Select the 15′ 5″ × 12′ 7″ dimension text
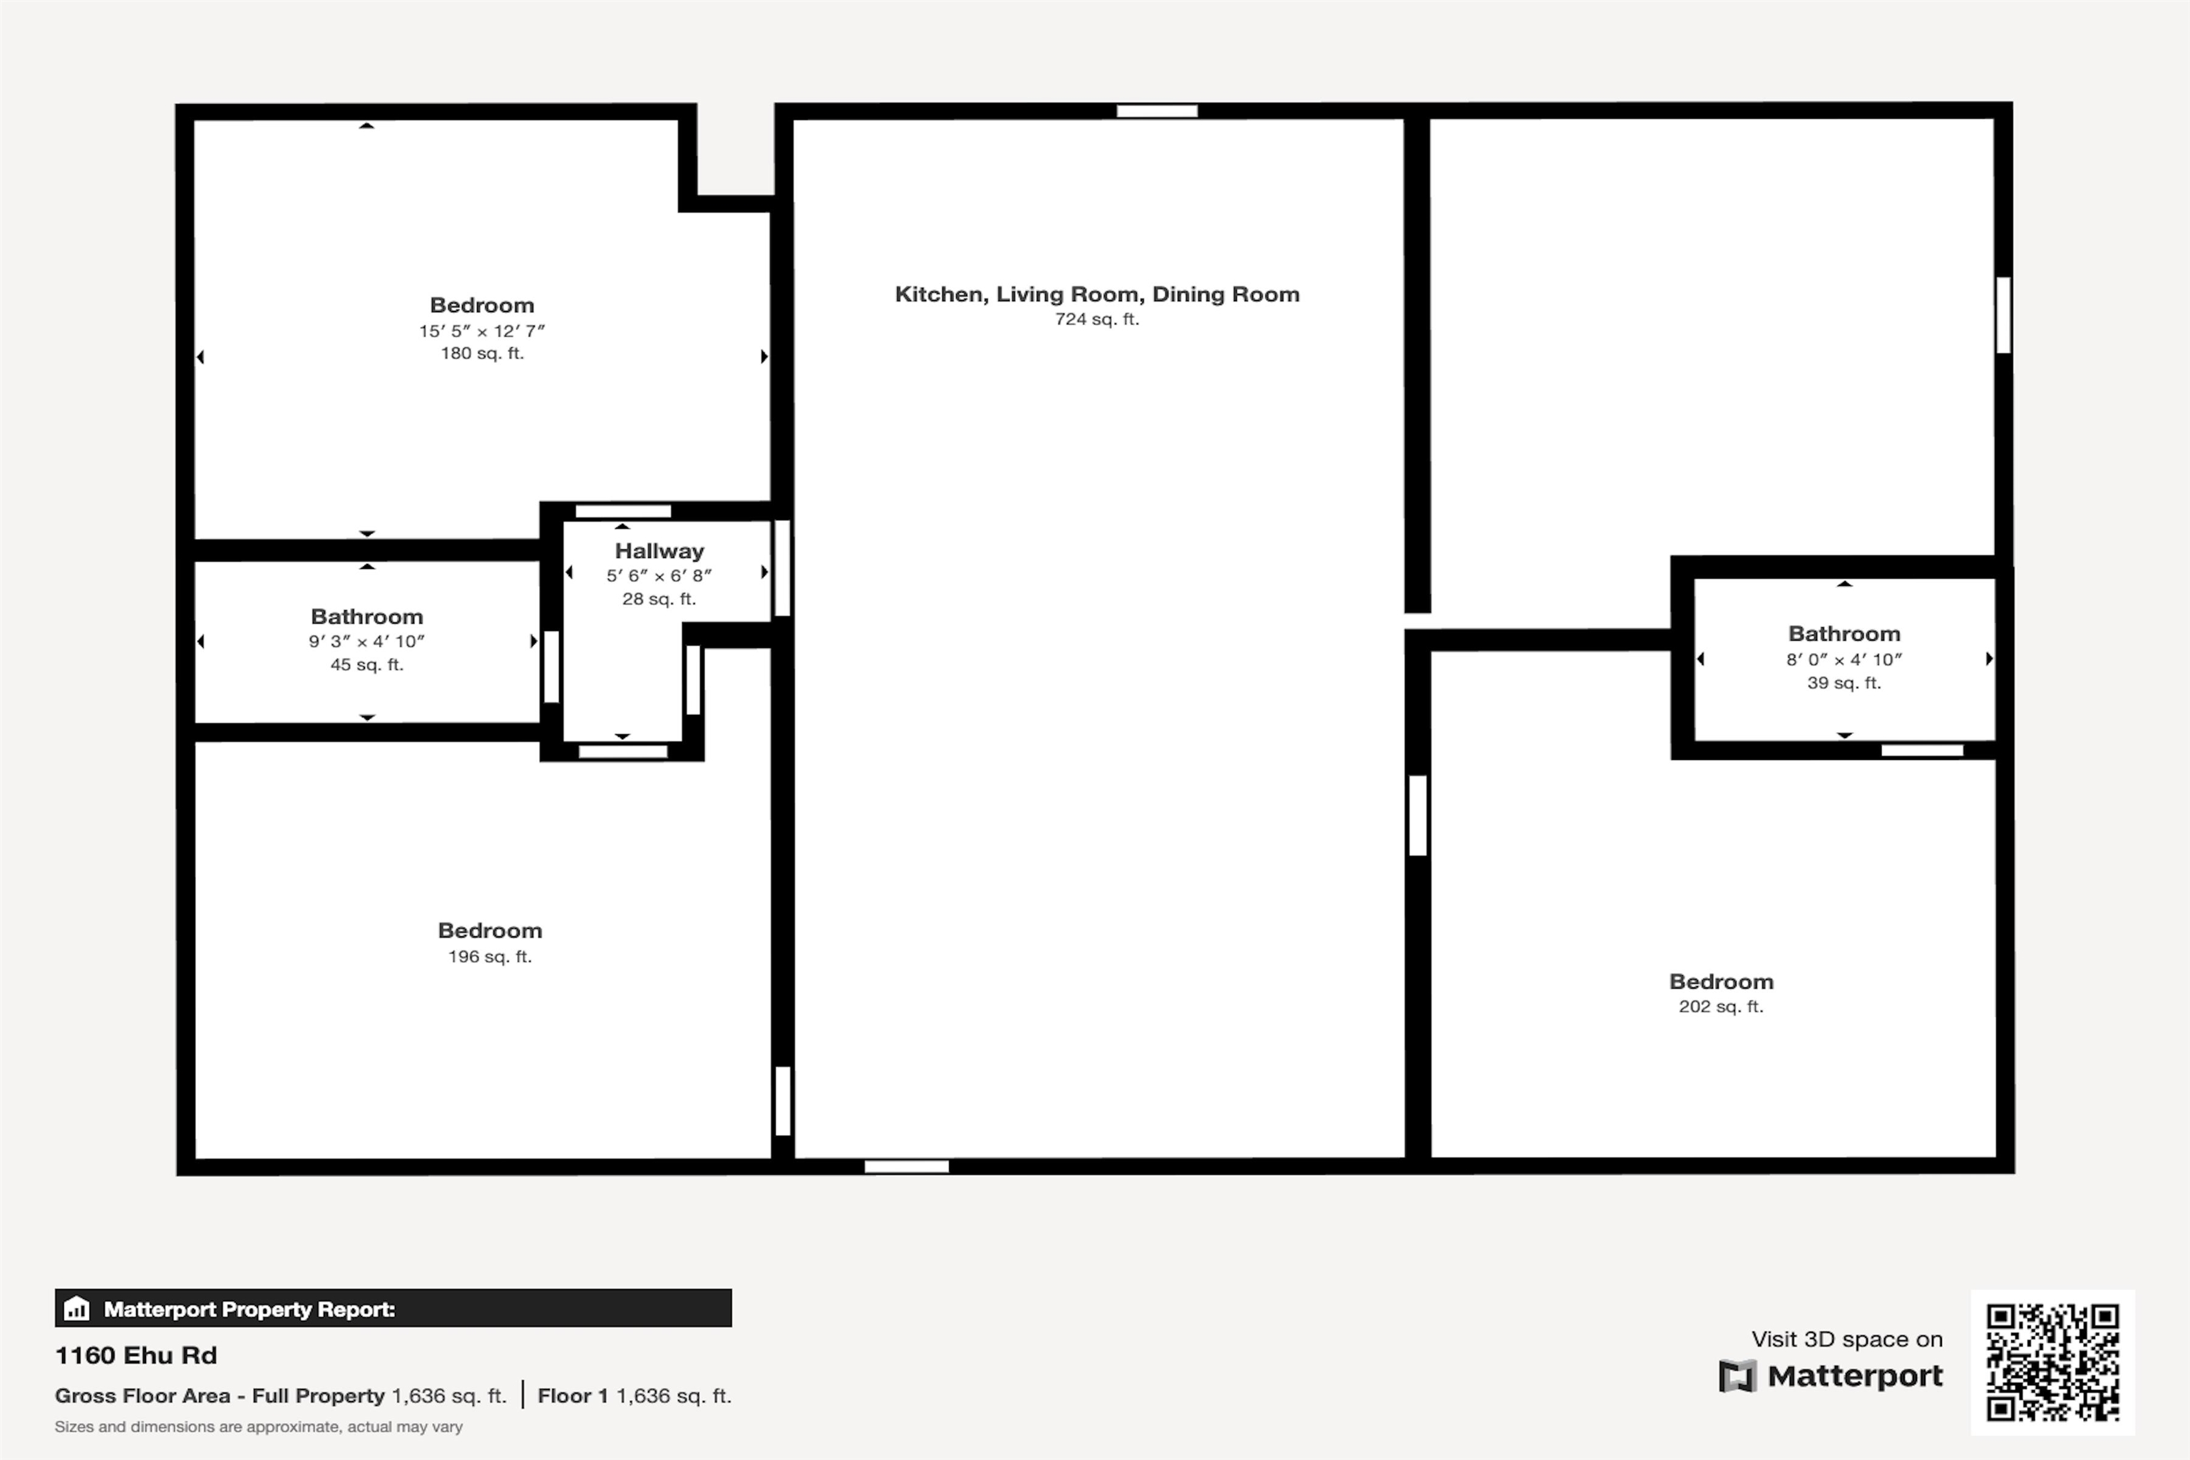(x=481, y=331)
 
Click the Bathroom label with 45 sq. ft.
(x=367, y=617)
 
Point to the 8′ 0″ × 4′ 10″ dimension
(x=1843, y=659)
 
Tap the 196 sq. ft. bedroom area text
(x=490, y=956)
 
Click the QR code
(x=2052, y=1362)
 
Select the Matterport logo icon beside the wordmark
(x=1737, y=1376)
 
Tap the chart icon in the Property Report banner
(x=76, y=1308)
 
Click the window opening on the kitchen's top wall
(x=1156, y=110)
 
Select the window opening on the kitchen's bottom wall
(x=906, y=1167)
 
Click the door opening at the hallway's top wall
(x=623, y=511)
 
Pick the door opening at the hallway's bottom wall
(x=623, y=751)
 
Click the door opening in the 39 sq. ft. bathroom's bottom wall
(x=1922, y=751)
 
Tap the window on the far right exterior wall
(x=2003, y=314)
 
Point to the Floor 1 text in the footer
(x=572, y=1396)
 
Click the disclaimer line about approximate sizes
(x=258, y=1426)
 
